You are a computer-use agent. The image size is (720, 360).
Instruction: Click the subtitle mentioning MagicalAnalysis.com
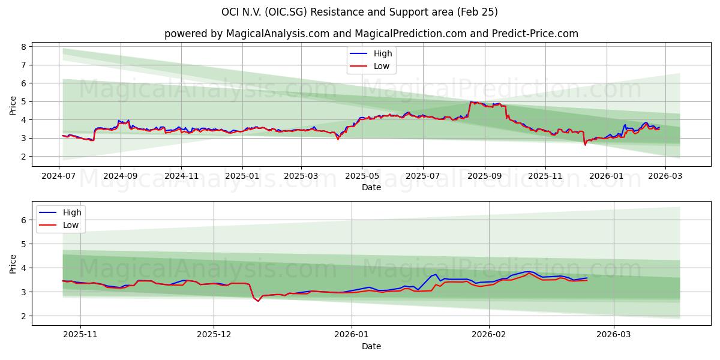(371, 34)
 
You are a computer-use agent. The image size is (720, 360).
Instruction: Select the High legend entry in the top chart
(382, 53)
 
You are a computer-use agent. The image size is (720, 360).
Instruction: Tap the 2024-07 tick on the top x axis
(59, 177)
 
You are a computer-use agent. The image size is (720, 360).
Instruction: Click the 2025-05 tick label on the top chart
(362, 177)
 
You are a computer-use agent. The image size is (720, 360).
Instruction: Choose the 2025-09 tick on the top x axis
(484, 177)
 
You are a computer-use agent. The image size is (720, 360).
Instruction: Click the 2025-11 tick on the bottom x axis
(80, 335)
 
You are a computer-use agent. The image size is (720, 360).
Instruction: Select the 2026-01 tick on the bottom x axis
(352, 335)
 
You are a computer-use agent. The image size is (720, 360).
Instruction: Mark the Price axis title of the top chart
(13, 104)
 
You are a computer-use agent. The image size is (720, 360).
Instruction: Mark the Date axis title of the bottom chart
(371, 346)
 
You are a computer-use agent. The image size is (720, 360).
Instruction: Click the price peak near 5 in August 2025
(472, 102)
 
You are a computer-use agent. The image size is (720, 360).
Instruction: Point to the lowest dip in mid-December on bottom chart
(259, 301)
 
